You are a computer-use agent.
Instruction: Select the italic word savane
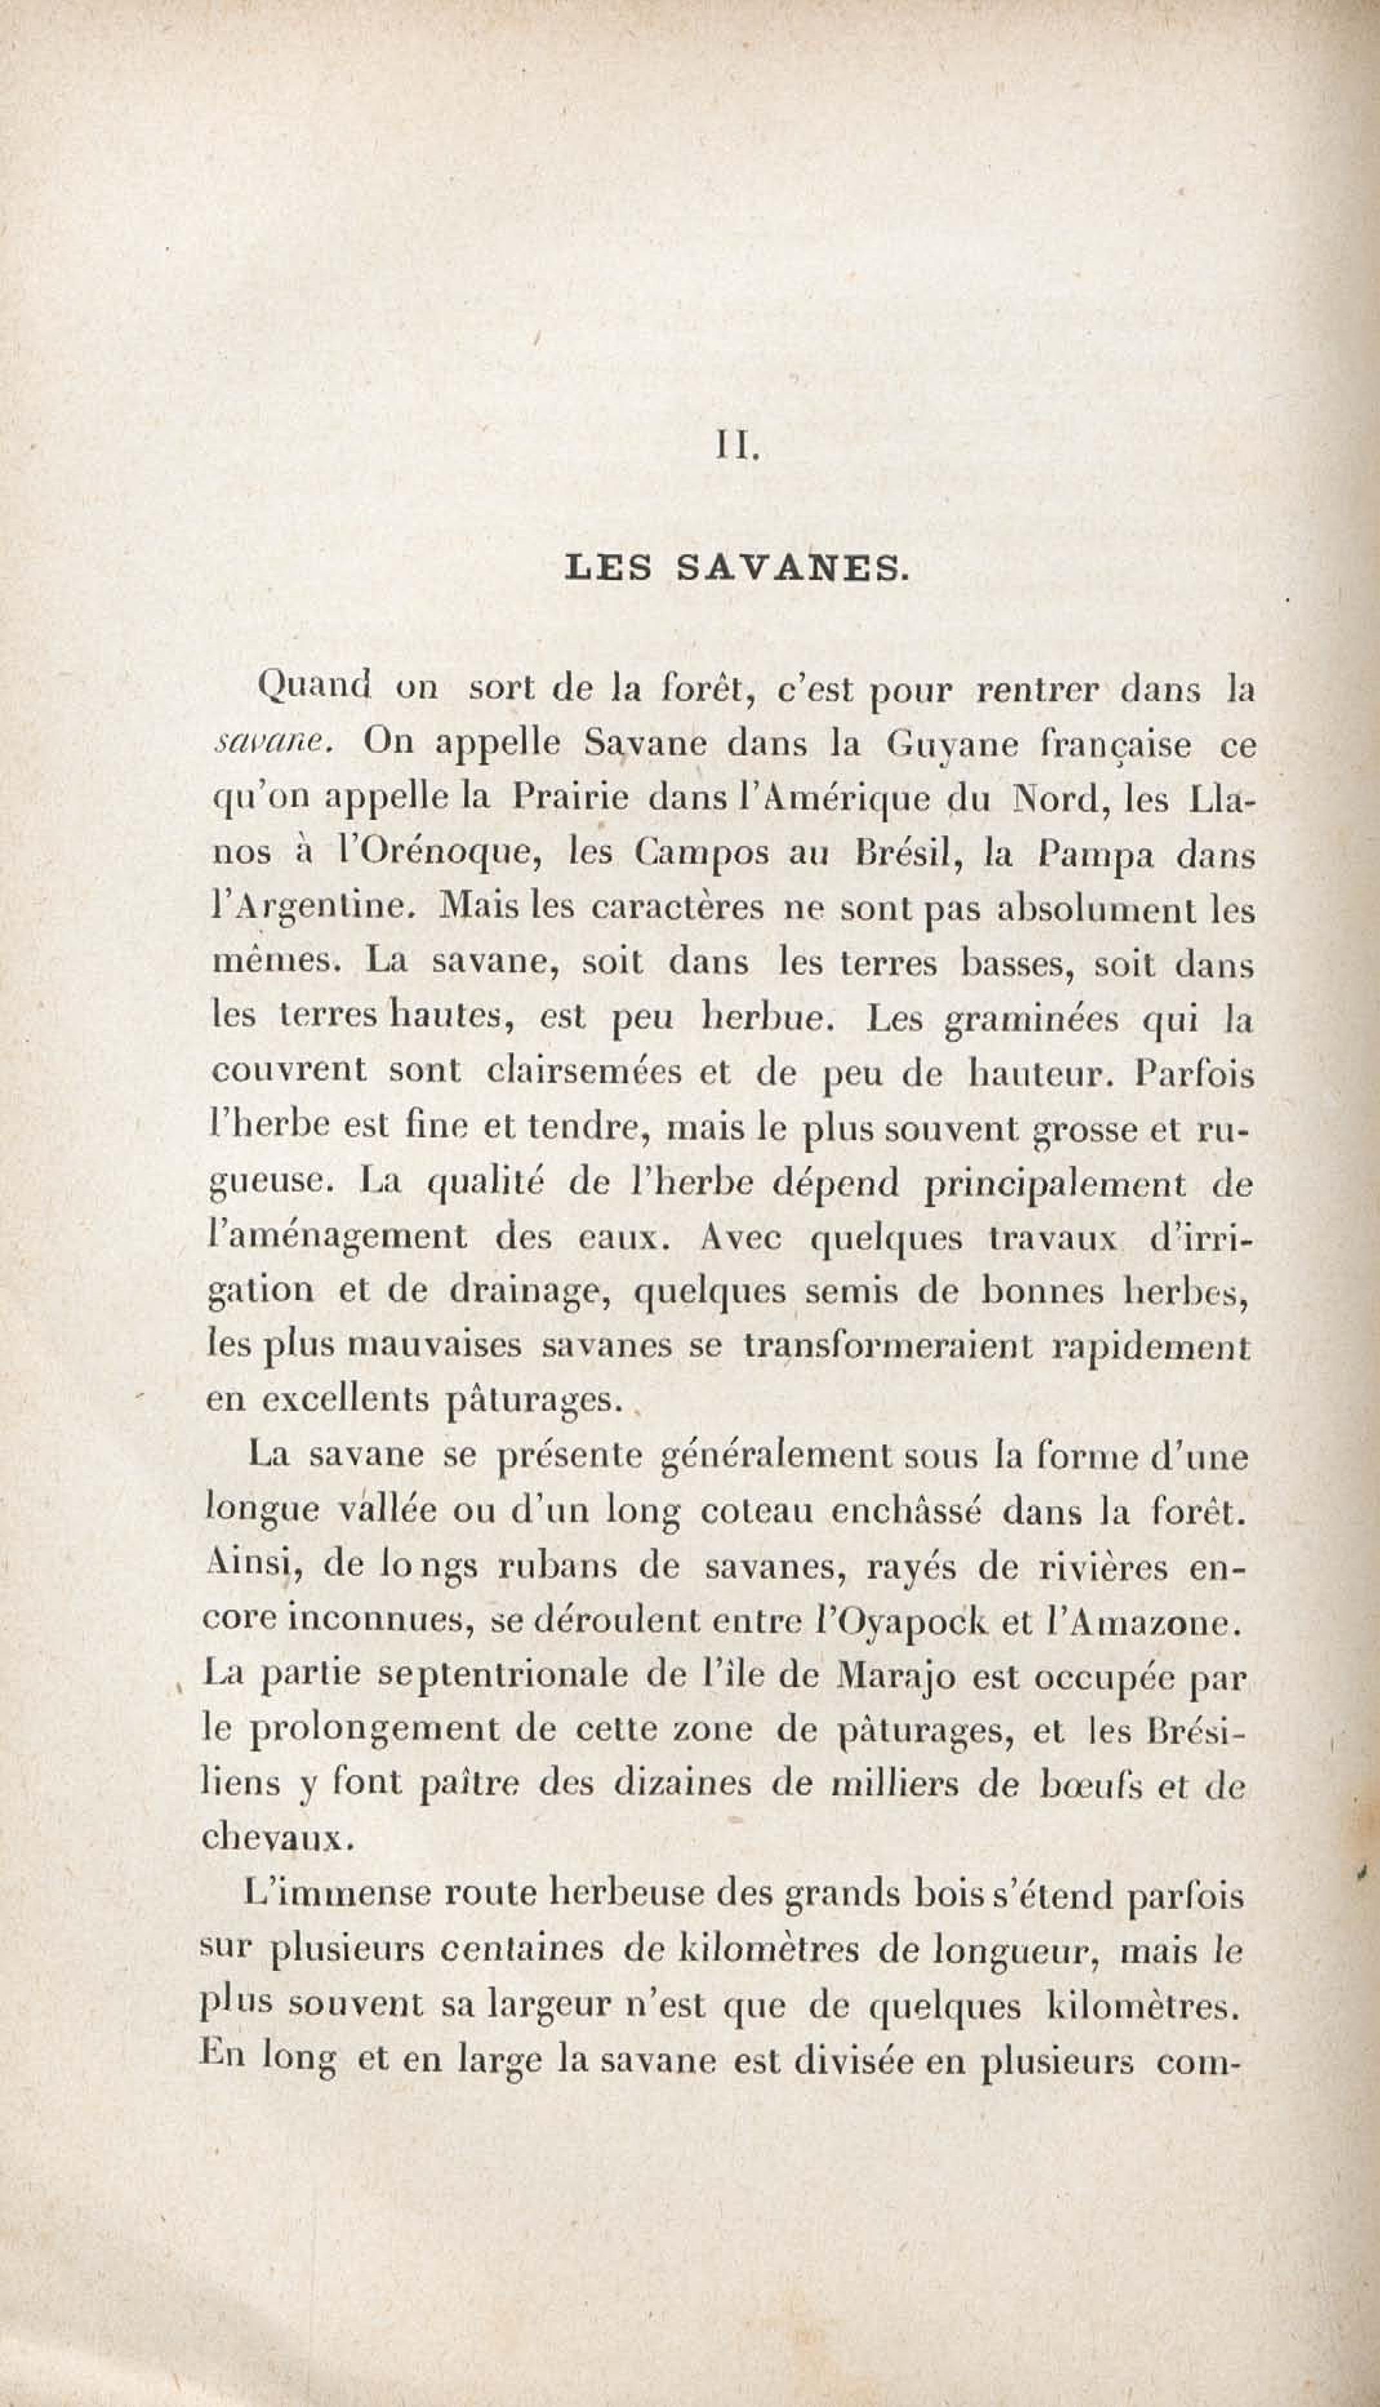point(272,744)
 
